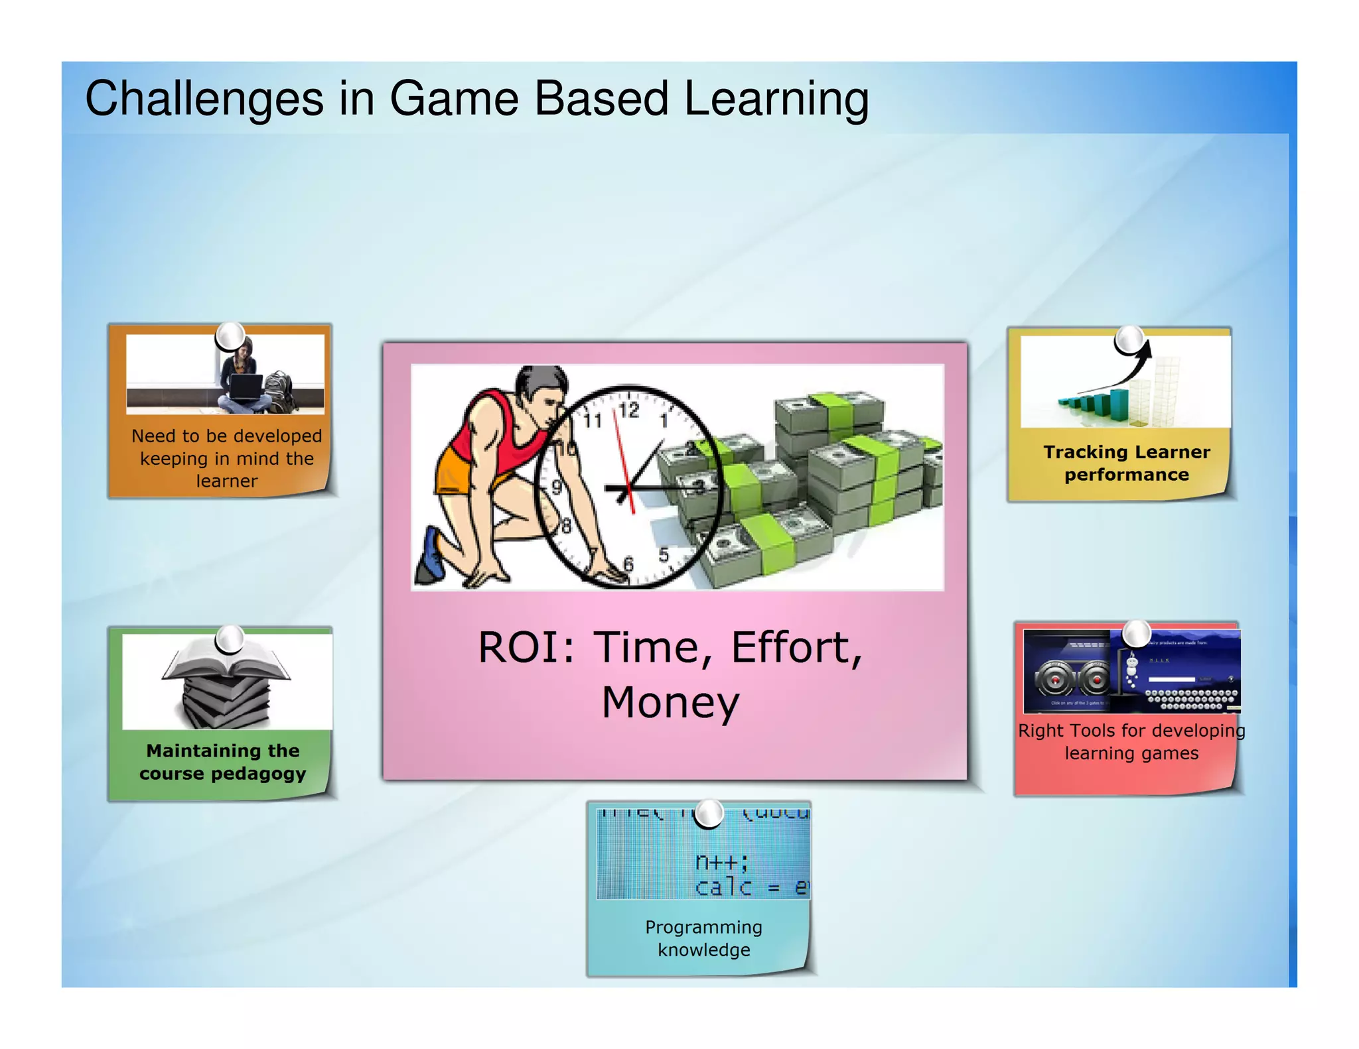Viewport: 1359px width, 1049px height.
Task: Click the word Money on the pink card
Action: pos(670,703)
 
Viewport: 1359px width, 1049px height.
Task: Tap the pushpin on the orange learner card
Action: pos(230,336)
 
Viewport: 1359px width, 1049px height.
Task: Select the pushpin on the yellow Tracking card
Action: pos(1129,340)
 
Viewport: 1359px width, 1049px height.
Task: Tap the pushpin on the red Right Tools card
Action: pos(1137,633)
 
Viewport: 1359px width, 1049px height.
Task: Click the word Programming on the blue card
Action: pos(703,927)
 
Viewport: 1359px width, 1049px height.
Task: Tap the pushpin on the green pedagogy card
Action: pos(230,639)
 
